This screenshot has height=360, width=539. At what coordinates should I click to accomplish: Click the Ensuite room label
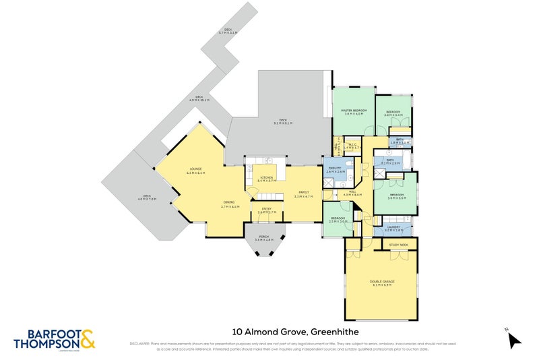(335, 169)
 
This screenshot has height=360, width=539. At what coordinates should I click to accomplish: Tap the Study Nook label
(399, 244)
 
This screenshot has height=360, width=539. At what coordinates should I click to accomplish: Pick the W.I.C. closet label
(354, 145)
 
